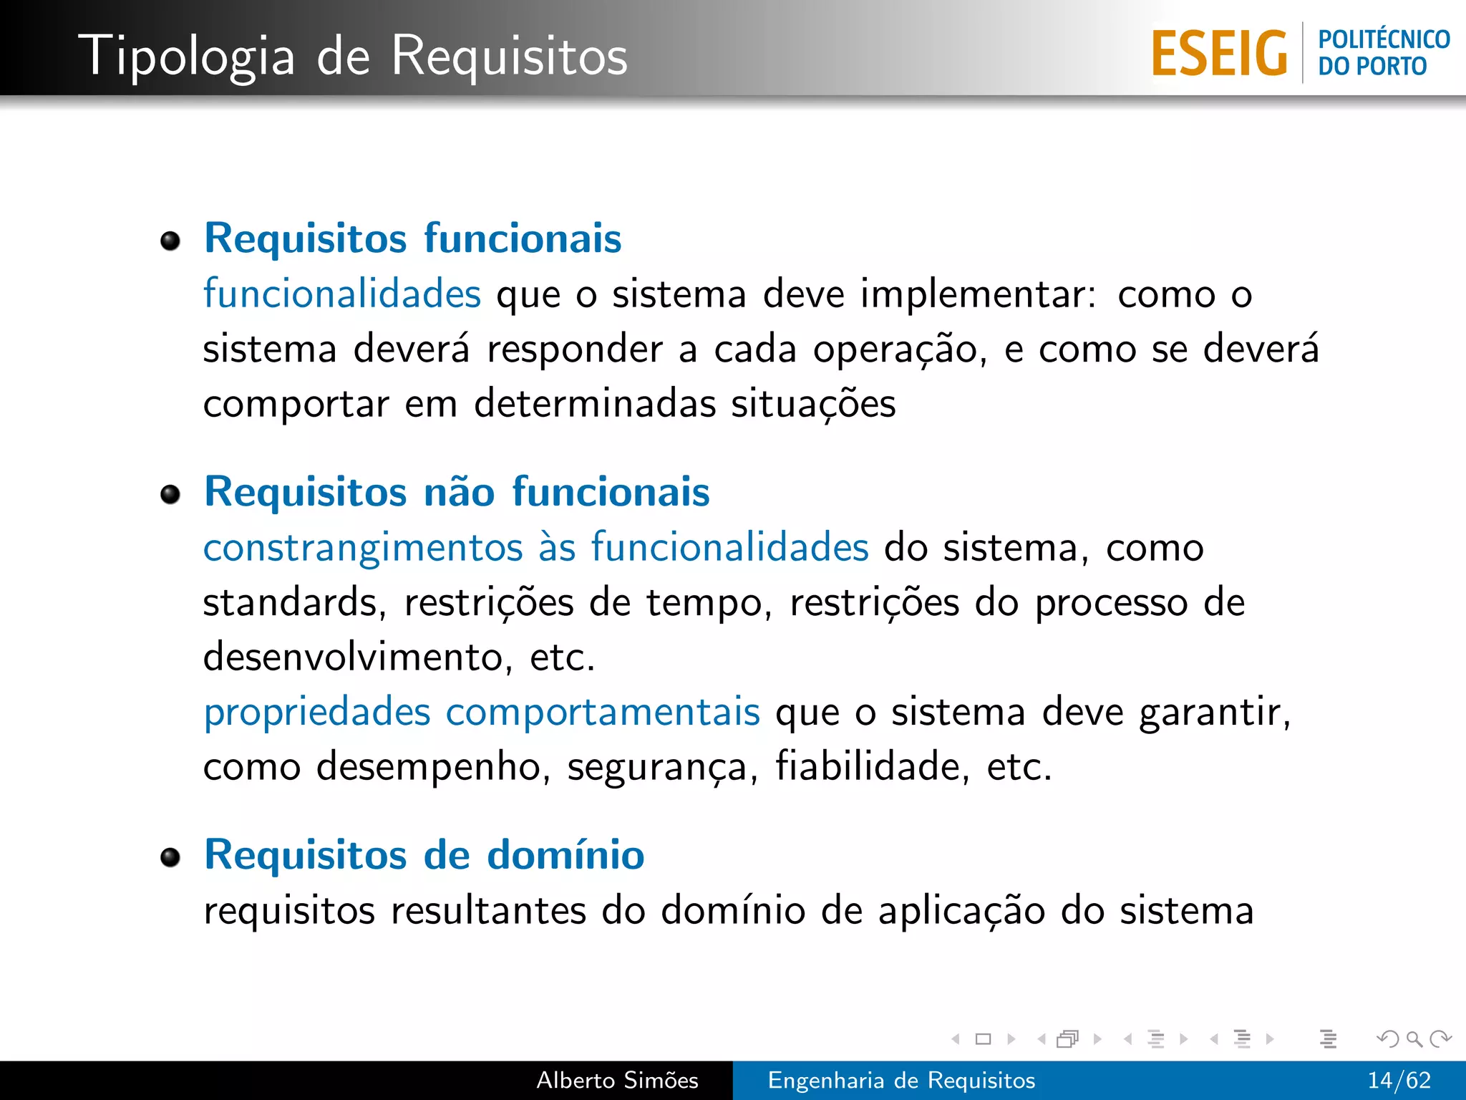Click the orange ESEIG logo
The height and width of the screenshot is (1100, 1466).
[x=1219, y=53]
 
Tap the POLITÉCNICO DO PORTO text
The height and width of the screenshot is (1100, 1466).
[x=1384, y=53]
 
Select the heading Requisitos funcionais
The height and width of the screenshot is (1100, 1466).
[x=413, y=238]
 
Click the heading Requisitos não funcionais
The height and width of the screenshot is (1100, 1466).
[x=457, y=492]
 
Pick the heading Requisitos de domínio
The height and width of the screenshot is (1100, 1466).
[x=424, y=854]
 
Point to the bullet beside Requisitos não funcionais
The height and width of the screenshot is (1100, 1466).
[x=170, y=494]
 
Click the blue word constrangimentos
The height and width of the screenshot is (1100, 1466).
[x=363, y=548]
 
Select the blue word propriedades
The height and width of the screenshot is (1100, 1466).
[x=317, y=713]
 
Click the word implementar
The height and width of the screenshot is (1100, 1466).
[x=978, y=295]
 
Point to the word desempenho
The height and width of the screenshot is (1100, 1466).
[x=433, y=767]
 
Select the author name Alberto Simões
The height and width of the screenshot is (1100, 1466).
[x=617, y=1080]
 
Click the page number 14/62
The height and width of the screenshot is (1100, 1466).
[x=1399, y=1080]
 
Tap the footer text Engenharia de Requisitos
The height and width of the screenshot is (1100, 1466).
[x=901, y=1080]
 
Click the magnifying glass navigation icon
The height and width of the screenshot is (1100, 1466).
[x=1414, y=1038]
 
